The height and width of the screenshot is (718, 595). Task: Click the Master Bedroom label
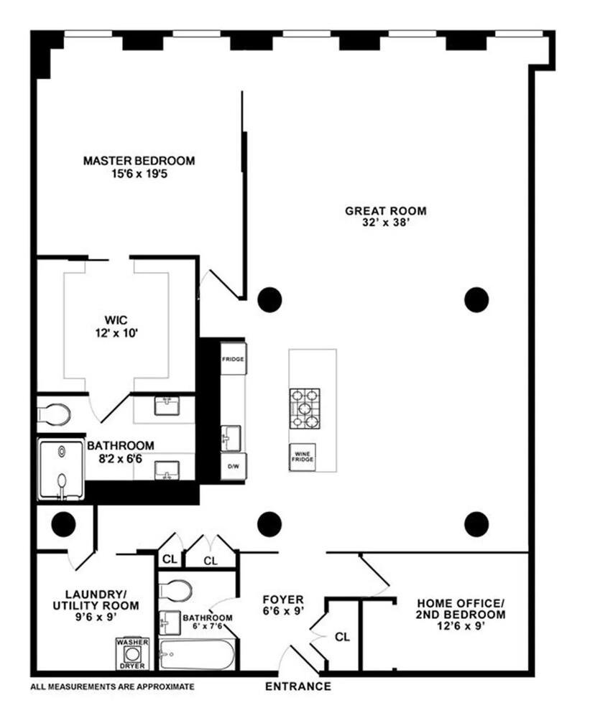click(139, 161)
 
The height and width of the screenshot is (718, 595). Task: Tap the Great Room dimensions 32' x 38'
click(386, 223)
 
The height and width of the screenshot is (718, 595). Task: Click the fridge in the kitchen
click(233, 358)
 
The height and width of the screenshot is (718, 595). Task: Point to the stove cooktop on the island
click(305, 409)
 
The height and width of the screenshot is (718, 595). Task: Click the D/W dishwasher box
click(234, 467)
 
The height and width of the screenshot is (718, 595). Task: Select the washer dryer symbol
click(132, 654)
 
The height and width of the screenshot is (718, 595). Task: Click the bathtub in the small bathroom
click(197, 655)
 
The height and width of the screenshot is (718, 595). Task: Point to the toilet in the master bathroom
click(55, 414)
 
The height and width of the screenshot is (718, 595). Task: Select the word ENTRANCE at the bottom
click(298, 686)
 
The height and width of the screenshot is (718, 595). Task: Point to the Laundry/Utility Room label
click(96, 605)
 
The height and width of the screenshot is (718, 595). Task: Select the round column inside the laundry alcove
click(63, 524)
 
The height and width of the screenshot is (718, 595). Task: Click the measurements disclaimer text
click(112, 687)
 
